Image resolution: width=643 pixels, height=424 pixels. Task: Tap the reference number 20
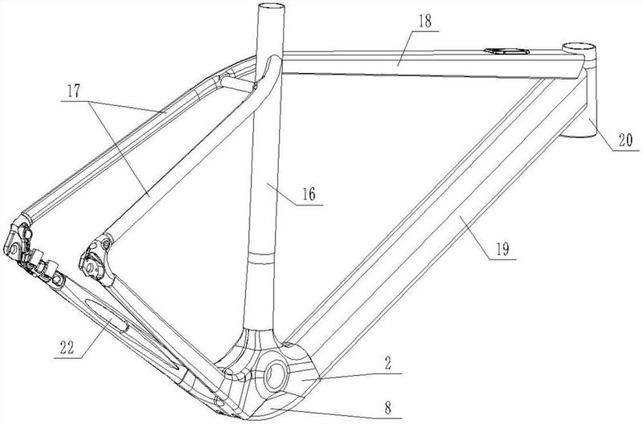[625, 142]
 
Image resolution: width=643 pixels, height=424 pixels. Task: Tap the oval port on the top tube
[506, 54]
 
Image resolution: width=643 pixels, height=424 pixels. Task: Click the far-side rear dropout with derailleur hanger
[24, 241]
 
